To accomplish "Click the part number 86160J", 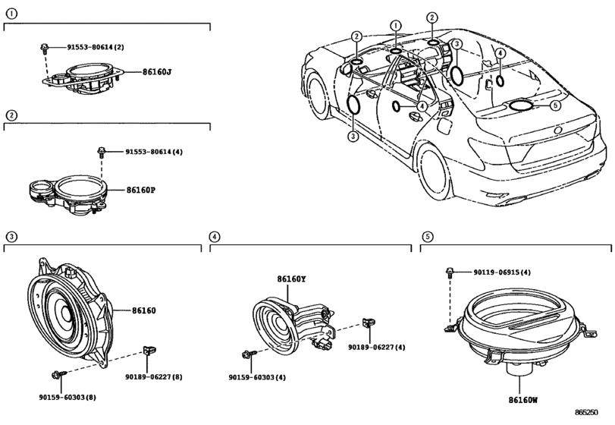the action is (x=157, y=72).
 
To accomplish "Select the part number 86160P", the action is (x=141, y=190).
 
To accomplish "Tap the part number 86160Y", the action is (x=291, y=279).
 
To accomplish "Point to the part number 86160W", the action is (x=523, y=400).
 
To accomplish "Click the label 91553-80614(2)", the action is (x=96, y=47).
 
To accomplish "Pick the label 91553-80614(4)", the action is (x=154, y=152).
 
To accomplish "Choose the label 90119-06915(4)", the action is (x=502, y=272).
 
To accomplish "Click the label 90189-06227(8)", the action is (x=154, y=376).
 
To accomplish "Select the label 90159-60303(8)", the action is (x=67, y=397).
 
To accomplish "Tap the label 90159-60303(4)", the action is (x=257, y=377).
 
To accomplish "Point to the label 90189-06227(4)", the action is (x=377, y=347).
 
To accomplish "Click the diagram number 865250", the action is (x=586, y=412).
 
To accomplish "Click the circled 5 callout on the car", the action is (x=555, y=105).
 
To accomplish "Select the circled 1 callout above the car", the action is (x=396, y=26).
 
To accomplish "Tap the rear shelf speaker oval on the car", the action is (x=521, y=105).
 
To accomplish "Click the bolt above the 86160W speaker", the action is (x=450, y=272).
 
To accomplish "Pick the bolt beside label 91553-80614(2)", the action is (x=44, y=49).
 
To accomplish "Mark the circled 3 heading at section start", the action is (x=12, y=237).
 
